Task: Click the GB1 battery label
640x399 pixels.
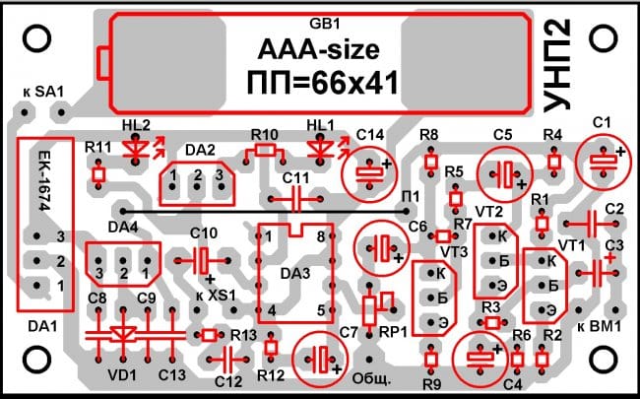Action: pyautogui.click(x=322, y=23)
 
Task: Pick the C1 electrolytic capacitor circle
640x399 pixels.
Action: pyautogui.click(x=600, y=159)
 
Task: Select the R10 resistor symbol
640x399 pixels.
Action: pyautogui.click(x=265, y=150)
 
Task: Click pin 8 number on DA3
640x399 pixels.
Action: pyautogui.click(x=320, y=236)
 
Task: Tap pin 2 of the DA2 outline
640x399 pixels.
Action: pyautogui.click(x=197, y=175)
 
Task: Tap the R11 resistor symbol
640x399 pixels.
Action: pyautogui.click(x=97, y=174)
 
